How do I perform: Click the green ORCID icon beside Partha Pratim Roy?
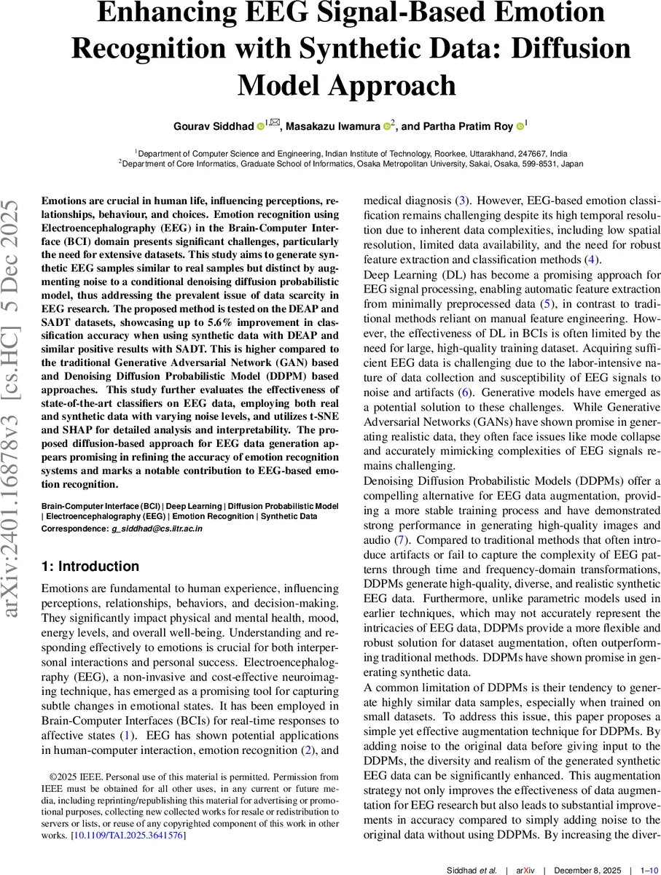[x=520, y=126]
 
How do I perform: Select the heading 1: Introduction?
[x=90, y=567]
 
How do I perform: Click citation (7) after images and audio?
[x=400, y=540]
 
